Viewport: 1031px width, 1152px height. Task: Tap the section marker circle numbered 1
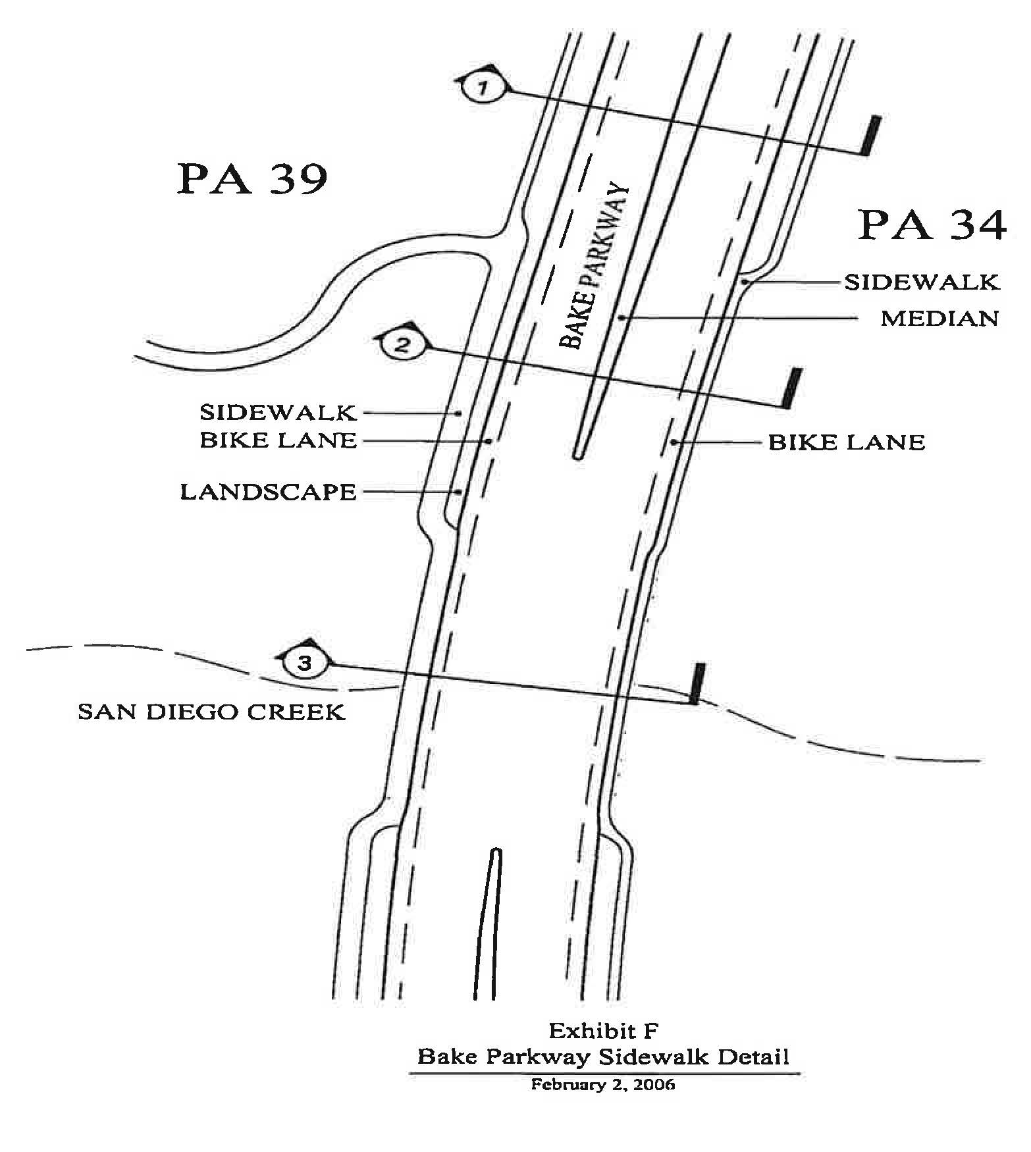(484, 87)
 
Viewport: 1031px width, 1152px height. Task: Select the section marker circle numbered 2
(403, 344)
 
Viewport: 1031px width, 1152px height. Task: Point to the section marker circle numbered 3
(305, 663)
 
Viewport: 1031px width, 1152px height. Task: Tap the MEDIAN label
(939, 319)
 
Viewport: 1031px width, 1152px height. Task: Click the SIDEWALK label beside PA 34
(922, 282)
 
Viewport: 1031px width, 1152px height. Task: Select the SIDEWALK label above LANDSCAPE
(278, 413)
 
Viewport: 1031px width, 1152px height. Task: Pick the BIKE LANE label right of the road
(847, 442)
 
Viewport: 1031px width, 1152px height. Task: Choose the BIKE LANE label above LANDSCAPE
(278, 440)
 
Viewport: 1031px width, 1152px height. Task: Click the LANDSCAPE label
(268, 492)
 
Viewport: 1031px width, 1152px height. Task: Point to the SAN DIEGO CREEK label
(211, 712)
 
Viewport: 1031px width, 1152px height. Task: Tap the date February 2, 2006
(603, 1085)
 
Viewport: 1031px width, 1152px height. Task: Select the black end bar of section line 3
(697, 684)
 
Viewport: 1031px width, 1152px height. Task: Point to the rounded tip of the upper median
(578, 454)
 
